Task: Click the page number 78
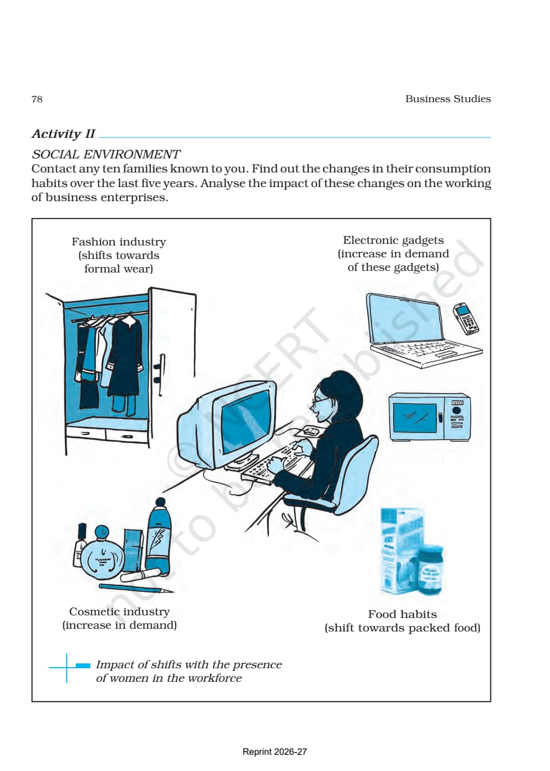click(x=37, y=99)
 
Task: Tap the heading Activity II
click(x=63, y=134)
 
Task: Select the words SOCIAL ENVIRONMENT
click(x=105, y=154)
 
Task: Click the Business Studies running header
click(x=448, y=99)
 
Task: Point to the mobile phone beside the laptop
click(x=465, y=318)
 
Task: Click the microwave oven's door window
click(x=414, y=417)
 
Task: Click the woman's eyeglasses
click(x=320, y=401)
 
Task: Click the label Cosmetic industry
click(x=120, y=612)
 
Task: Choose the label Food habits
click(x=402, y=614)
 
